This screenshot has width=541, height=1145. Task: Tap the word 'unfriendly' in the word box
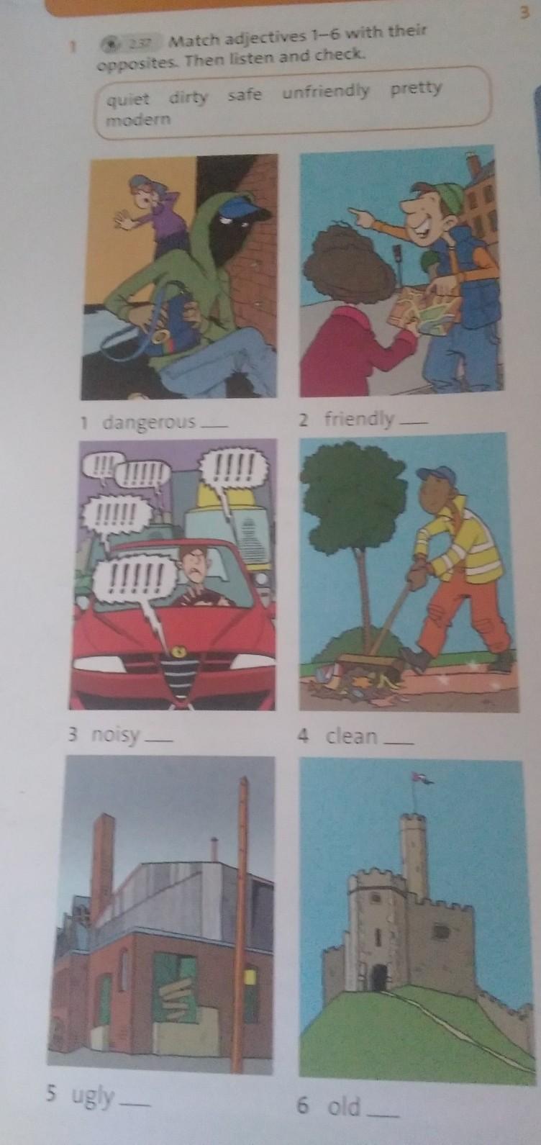pyautogui.click(x=325, y=92)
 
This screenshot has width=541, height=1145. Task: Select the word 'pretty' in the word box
pyautogui.click(x=415, y=89)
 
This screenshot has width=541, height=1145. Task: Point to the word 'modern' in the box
pyautogui.click(x=137, y=120)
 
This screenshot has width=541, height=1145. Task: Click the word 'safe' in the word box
pyautogui.click(x=244, y=94)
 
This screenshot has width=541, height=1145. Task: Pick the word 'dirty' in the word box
pyautogui.click(x=188, y=96)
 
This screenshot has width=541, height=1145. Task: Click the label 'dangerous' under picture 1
pyautogui.click(x=149, y=422)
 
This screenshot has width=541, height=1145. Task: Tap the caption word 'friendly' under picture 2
pyautogui.click(x=359, y=420)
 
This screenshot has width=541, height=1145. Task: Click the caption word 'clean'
pyautogui.click(x=352, y=736)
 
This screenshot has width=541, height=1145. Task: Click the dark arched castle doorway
pyautogui.click(x=380, y=964)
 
